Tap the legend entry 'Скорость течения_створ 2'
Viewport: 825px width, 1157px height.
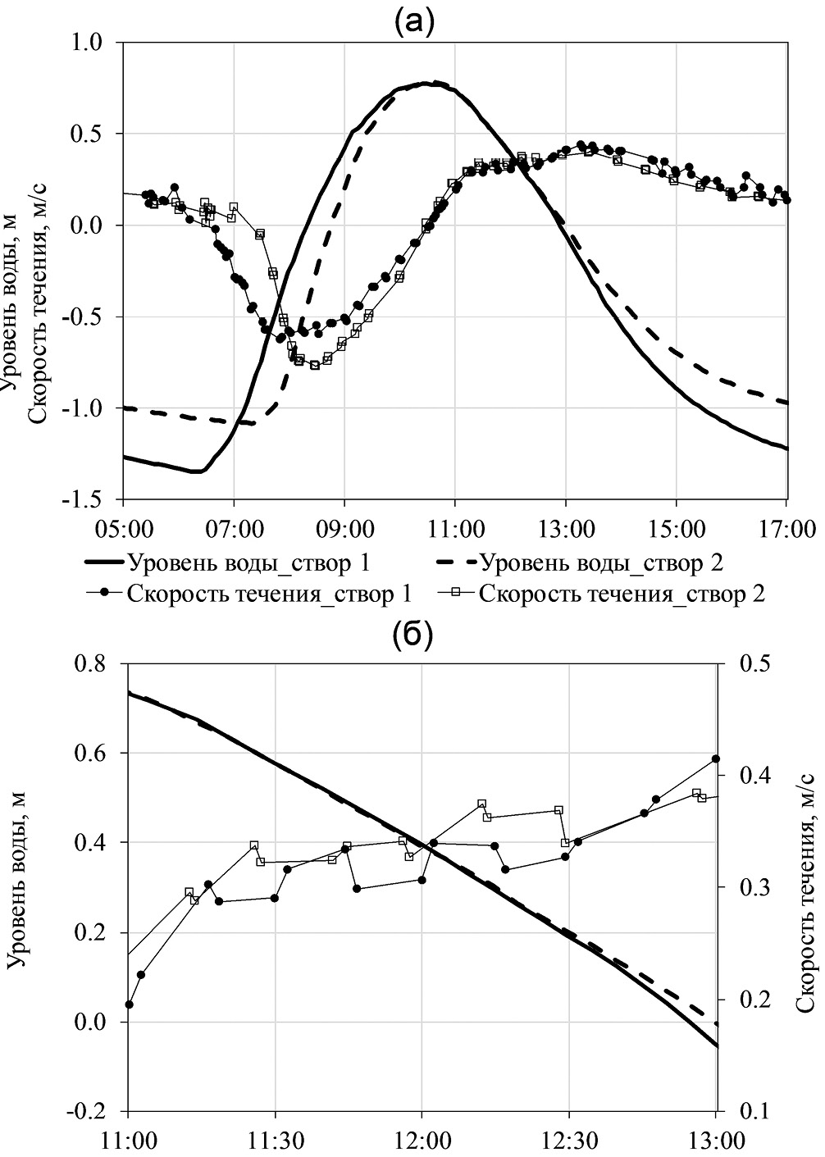(x=622, y=594)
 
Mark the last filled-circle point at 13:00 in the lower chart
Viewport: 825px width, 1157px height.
(x=715, y=759)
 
